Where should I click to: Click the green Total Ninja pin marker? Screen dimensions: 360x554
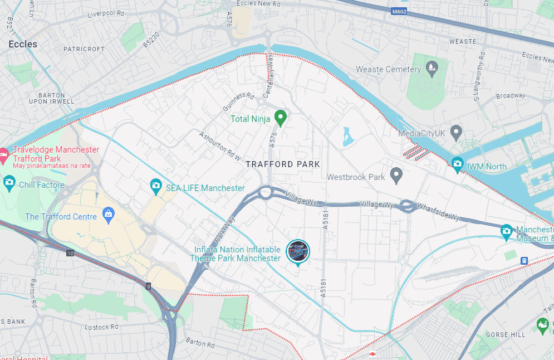tap(281, 118)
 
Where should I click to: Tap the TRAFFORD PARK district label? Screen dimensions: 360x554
tap(283, 164)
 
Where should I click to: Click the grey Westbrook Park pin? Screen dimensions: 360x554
tap(396, 176)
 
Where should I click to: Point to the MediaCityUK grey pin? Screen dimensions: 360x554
tap(456, 133)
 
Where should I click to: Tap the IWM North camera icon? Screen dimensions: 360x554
tap(457, 164)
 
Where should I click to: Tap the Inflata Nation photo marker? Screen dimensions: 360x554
tap(298, 251)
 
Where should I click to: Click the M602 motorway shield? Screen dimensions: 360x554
tap(399, 11)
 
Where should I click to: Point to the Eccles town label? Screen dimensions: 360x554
tap(23, 44)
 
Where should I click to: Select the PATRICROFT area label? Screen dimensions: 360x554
tap(84, 49)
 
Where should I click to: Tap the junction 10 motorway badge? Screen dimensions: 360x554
tap(70, 254)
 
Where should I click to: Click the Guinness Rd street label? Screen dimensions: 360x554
tap(238, 101)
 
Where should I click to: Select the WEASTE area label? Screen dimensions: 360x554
tap(463, 42)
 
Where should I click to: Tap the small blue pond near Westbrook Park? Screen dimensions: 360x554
tap(348, 136)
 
